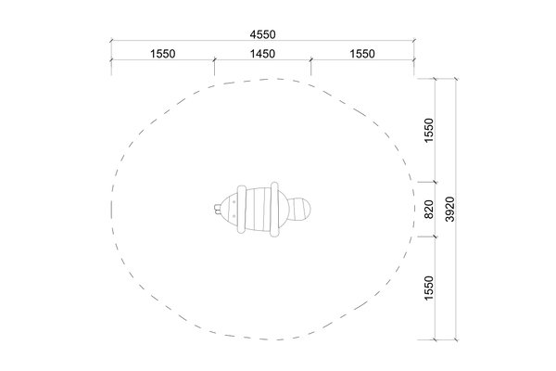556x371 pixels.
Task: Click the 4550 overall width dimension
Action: (x=262, y=34)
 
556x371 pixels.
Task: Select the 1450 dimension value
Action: (x=262, y=54)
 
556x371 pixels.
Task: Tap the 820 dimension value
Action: (x=429, y=210)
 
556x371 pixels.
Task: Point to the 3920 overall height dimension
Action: (x=449, y=209)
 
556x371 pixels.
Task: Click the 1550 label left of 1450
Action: (x=163, y=54)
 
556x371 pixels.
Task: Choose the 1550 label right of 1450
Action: (x=362, y=54)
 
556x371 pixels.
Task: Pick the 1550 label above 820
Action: (x=429, y=130)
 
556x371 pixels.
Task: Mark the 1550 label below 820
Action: (x=429, y=288)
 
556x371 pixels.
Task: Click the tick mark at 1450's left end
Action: (x=214, y=60)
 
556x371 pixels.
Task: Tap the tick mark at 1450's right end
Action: (x=311, y=60)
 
